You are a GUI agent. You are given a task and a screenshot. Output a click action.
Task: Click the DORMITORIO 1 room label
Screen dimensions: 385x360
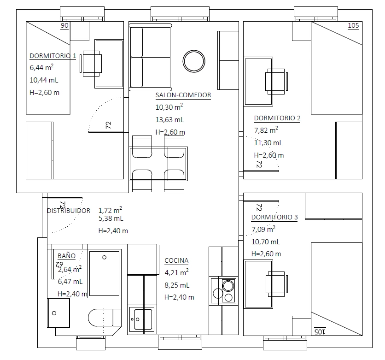click(x=53, y=56)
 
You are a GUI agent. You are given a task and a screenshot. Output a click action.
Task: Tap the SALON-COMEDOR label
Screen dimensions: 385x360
click(x=183, y=95)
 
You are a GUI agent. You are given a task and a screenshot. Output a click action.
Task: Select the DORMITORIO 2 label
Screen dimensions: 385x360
click(x=277, y=118)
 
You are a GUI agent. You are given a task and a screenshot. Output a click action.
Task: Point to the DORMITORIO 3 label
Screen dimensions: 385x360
click(x=274, y=217)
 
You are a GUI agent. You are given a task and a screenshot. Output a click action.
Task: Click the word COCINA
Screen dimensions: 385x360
click(x=176, y=260)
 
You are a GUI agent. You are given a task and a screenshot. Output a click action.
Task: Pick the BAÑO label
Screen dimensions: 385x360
click(x=66, y=255)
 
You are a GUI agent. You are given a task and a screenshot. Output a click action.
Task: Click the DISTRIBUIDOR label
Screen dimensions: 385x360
click(x=69, y=211)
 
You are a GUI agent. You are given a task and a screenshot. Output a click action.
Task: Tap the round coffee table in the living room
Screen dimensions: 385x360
click(x=194, y=61)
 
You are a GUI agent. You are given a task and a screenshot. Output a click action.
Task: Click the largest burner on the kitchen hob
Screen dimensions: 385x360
click(x=228, y=286)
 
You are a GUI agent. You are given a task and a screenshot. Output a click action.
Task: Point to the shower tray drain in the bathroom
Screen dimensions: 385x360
click(x=105, y=257)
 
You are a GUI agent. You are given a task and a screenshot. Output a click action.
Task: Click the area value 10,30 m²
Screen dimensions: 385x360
click(x=169, y=107)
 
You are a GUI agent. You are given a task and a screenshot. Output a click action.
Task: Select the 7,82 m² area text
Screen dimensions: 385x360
click(x=266, y=130)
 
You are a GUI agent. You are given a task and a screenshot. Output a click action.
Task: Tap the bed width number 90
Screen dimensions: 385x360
click(x=64, y=25)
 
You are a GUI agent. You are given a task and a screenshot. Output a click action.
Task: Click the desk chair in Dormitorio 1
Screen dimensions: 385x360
click(x=91, y=64)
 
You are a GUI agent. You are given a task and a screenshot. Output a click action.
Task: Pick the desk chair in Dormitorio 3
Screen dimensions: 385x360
click(x=276, y=284)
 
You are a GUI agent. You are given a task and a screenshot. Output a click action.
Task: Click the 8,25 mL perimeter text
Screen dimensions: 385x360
click(x=177, y=285)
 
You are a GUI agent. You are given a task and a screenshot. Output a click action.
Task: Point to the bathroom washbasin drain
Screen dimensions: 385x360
click(x=54, y=313)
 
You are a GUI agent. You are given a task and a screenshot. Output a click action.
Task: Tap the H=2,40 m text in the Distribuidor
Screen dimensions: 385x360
click(x=113, y=231)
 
